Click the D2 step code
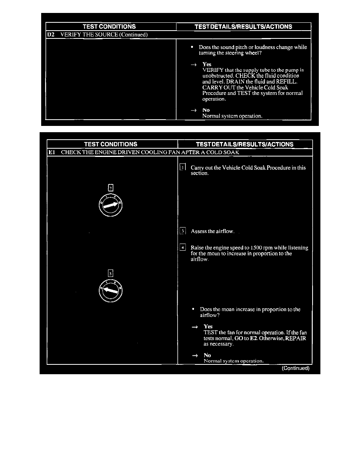[x=50, y=35]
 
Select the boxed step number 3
[x=183, y=231]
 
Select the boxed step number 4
[x=183, y=248]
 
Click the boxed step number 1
[x=182, y=167]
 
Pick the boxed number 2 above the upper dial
[x=111, y=187]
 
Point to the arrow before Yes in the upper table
[x=193, y=64]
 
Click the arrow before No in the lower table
[x=195, y=355]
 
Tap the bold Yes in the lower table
[x=208, y=326]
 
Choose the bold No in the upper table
[x=206, y=110]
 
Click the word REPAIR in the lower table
[x=296, y=338]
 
